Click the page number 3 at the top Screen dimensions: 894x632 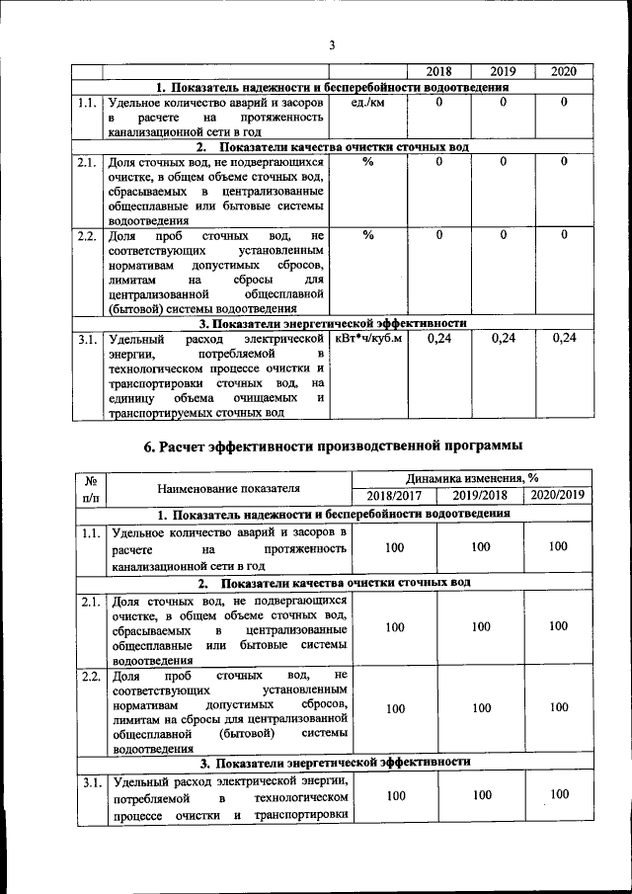coord(333,44)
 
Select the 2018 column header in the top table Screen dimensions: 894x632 coord(438,73)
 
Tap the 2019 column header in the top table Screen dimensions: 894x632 coord(503,73)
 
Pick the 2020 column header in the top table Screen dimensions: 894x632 coord(563,73)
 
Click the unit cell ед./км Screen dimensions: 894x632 coord(367,102)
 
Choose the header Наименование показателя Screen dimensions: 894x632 coord(228,488)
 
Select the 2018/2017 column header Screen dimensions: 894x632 coord(394,496)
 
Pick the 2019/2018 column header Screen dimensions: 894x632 coord(480,496)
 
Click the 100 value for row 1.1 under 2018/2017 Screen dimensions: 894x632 coord(395,547)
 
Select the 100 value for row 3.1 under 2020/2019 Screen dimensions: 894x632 coord(559,794)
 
